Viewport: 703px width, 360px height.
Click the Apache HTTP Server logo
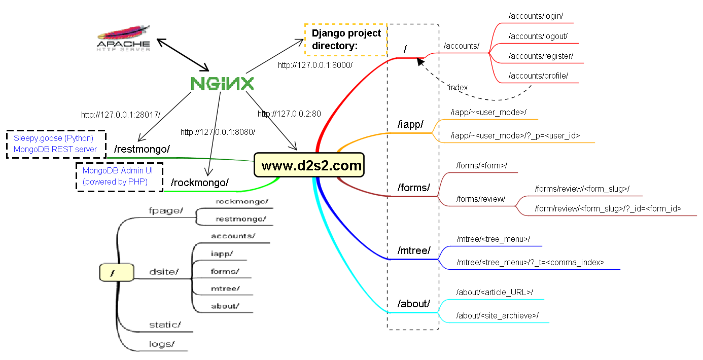[124, 40]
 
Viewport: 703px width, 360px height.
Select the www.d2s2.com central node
[309, 165]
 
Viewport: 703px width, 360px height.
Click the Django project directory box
[346, 40]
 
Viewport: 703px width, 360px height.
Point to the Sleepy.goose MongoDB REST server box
[55, 144]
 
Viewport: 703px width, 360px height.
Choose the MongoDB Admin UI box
[119, 176]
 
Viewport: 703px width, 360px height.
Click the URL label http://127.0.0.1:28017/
[120, 115]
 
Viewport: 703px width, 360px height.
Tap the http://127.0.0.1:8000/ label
[315, 65]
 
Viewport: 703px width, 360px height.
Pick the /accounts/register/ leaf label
[541, 56]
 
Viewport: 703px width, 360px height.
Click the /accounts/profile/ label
[538, 76]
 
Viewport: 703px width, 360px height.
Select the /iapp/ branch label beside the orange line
[410, 125]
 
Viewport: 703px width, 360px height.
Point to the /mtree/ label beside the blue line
[414, 250]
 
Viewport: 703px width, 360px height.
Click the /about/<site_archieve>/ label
[497, 315]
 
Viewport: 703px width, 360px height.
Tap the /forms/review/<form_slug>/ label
[582, 189]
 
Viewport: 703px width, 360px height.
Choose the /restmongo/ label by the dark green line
[142, 149]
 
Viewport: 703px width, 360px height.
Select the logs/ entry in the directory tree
[162, 344]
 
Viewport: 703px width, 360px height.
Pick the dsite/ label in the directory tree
[164, 272]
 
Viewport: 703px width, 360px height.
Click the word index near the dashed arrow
[458, 88]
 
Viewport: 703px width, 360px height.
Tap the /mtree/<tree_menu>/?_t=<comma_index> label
[530, 263]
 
